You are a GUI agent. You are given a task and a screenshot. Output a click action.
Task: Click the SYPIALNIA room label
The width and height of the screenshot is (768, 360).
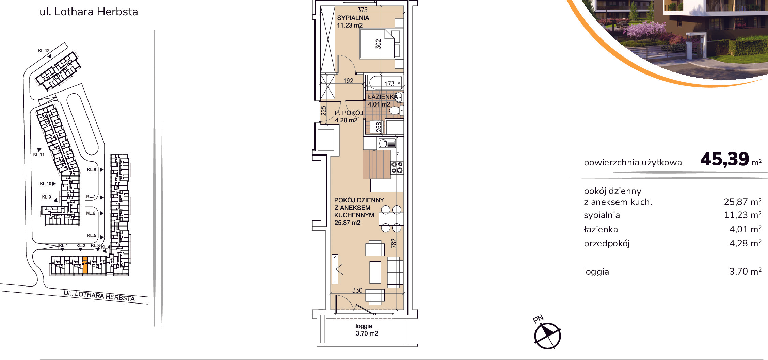click(x=353, y=18)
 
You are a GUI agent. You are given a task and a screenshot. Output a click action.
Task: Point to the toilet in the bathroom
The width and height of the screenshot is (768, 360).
click(x=397, y=110)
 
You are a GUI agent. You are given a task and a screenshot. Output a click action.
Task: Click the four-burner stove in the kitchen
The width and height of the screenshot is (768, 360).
click(x=397, y=167)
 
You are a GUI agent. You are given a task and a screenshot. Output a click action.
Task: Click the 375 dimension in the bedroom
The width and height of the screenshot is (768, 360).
click(x=362, y=10)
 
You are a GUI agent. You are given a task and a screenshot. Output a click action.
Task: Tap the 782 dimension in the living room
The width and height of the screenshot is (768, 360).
click(x=394, y=243)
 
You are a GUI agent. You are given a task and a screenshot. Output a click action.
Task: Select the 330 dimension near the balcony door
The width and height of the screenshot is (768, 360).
click(x=357, y=290)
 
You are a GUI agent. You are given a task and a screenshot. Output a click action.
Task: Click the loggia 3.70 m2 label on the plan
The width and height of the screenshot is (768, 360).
click(x=367, y=330)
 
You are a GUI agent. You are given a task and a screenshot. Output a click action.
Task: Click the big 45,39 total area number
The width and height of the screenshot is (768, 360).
click(x=725, y=159)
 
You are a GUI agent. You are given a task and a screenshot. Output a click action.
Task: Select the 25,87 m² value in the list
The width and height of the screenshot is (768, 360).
click(x=742, y=202)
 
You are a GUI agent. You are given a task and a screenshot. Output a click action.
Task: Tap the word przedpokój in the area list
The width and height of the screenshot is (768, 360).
click(x=607, y=244)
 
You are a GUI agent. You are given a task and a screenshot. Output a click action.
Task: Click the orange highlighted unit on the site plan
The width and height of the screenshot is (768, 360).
click(x=85, y=265)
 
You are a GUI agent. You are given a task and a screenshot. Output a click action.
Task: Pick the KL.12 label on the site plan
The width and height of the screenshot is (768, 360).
click(x=44, y=51)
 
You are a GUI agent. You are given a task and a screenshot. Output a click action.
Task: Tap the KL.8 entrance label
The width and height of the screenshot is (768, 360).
click(x=92, y=169)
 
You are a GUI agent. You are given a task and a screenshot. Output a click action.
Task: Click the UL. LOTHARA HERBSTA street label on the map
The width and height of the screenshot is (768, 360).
click(x=99, y=296)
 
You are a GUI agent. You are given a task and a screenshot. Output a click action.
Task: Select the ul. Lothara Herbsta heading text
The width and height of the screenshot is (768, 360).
click(x=89, y=12)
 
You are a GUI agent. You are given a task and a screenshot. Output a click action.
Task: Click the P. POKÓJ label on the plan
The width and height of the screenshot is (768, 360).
click(x=349, y=113)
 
